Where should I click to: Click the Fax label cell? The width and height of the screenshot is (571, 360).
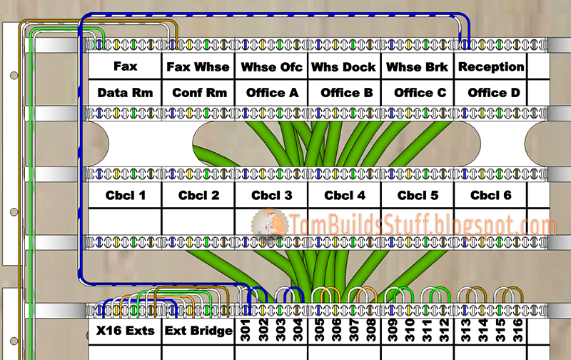click(125, 67)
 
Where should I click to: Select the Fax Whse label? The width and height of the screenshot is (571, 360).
click(198, 67)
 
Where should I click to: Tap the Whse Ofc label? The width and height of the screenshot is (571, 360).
click(272, 67)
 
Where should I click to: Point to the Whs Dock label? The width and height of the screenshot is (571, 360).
click(345, 67)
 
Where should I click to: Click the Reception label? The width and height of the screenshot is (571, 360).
click(491, 67)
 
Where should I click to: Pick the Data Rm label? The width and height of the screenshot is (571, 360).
click(125, 93)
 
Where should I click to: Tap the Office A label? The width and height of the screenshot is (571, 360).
click(272, 93)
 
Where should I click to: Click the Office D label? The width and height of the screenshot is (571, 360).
click(491, 93)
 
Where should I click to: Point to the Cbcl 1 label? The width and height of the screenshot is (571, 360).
click(126, 195)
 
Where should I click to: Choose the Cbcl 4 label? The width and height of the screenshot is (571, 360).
click(345, 195)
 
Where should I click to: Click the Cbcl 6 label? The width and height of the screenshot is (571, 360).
click(491, 195)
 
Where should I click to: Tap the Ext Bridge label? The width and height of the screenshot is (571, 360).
click(198, 331)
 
